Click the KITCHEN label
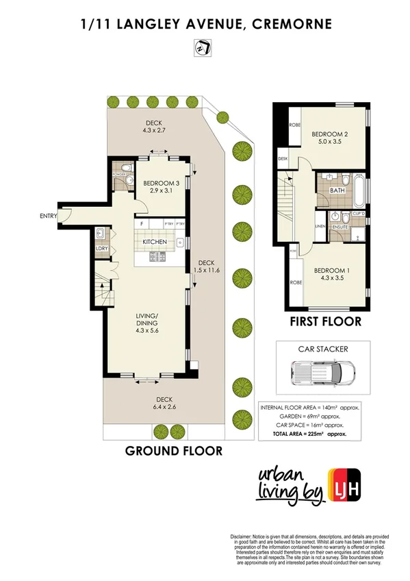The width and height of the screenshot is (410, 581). [155, 242]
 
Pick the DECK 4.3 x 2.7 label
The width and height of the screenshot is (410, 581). [154, 127]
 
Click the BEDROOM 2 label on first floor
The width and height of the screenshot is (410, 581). [331, 138]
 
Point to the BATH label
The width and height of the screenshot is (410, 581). [336, 190]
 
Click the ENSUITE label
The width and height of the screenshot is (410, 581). [340, 226]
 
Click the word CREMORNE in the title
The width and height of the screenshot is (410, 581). [292, 24]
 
